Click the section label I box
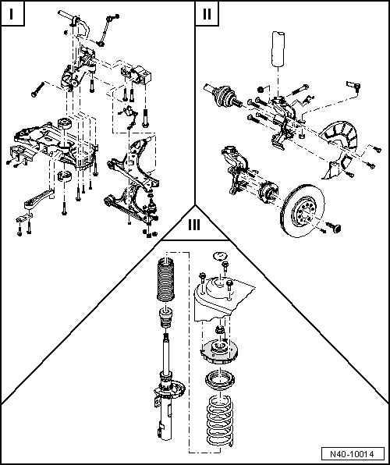coord(13,14)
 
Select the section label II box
coord(206,14)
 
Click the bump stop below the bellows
coord(165,320)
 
